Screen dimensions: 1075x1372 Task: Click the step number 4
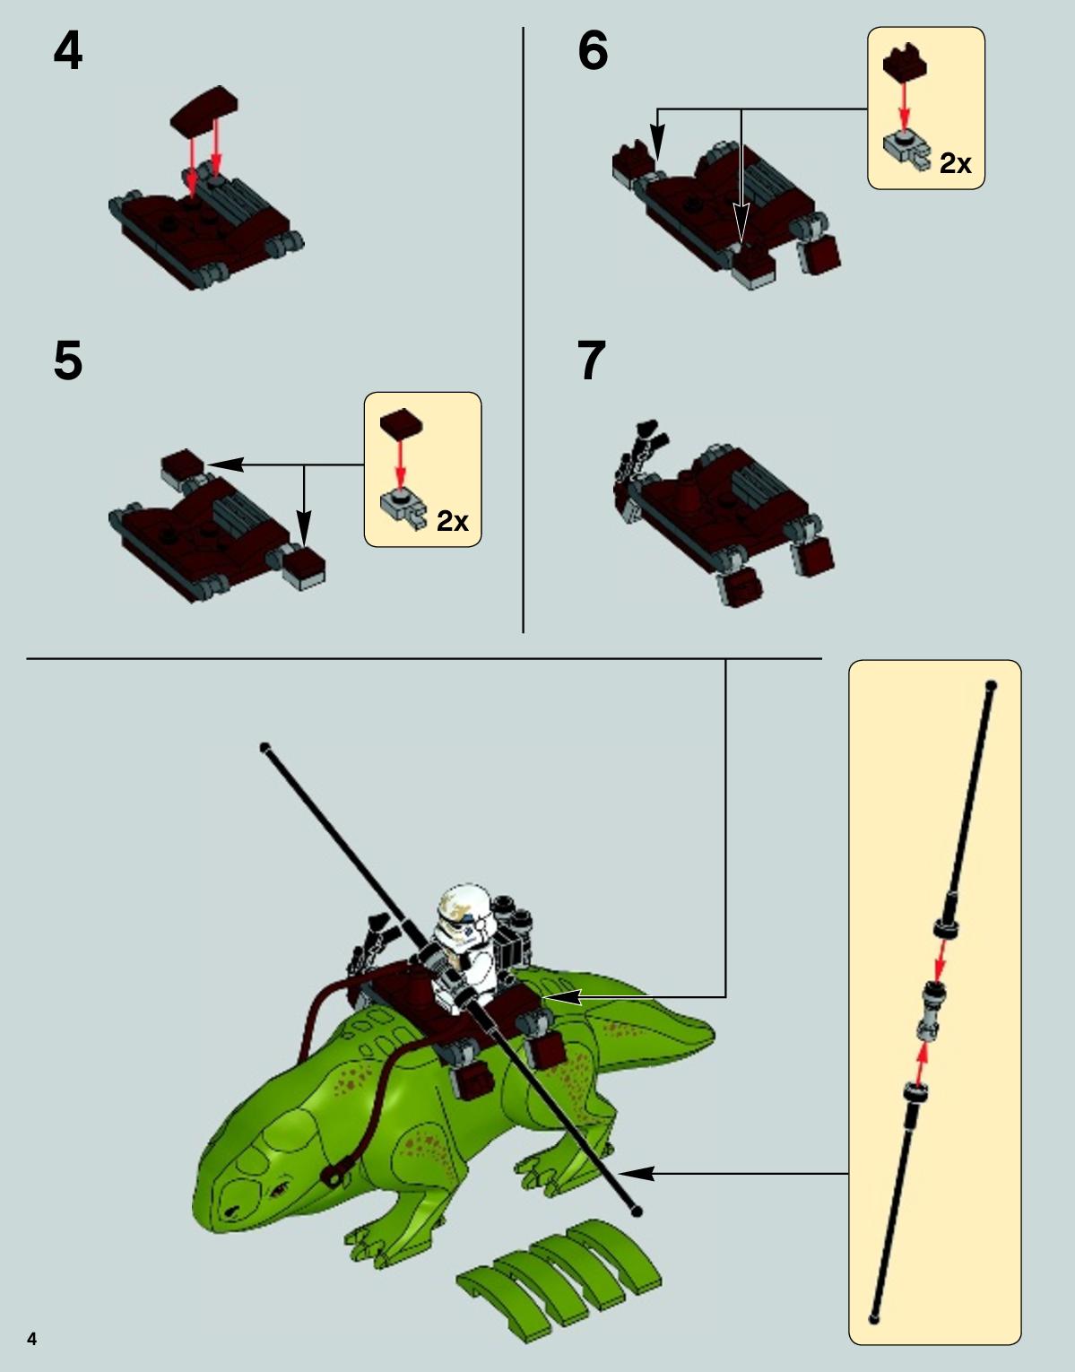point(68,52)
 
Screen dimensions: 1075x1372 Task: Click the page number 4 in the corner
point(32,1339)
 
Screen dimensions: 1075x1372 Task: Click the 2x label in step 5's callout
point(453,521)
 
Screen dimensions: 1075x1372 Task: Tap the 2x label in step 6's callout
point(955,163)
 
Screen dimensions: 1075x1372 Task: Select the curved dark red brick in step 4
point(204,109)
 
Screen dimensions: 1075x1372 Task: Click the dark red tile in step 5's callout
point(401,422)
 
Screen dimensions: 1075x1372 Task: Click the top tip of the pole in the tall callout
point(991,685)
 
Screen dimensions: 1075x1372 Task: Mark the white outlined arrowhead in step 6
point(741,223)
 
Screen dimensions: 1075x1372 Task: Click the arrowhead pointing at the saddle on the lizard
point(561,997)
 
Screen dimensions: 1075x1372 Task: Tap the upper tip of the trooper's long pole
point(264,747)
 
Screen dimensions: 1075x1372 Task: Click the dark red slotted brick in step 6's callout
point(905,63)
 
